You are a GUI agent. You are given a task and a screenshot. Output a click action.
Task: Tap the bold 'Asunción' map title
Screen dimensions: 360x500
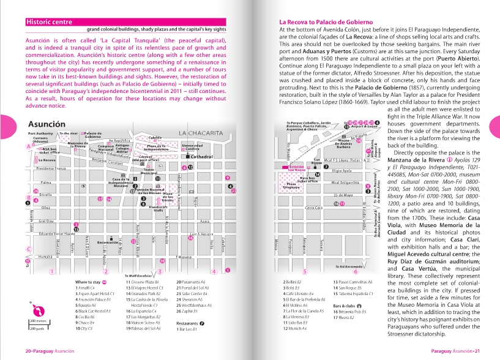point(45,124)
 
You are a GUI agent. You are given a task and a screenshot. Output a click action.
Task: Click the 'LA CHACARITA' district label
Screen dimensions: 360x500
point(201,133)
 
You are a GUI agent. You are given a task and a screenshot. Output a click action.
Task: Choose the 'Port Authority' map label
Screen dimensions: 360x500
point(41,133)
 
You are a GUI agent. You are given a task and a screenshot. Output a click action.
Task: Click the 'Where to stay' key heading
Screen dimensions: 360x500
point(88,282)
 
